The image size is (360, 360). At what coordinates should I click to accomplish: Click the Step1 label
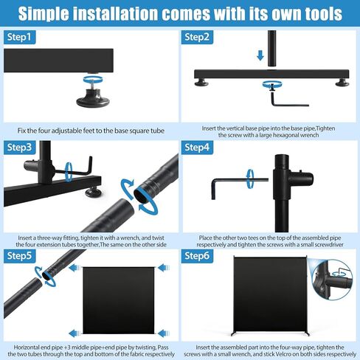click(x=19, y=37)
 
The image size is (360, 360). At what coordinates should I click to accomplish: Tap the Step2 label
click(x=197, y=37)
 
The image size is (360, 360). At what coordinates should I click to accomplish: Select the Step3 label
click(x=19, y=148)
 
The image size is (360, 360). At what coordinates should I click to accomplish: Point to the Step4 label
click(x=197, y=148)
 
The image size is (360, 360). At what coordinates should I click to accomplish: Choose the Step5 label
click(x=19, y=256)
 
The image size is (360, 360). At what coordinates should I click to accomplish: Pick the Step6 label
click(x=197, y=256)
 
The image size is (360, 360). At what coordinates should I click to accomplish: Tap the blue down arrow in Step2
click(x=260, y=55)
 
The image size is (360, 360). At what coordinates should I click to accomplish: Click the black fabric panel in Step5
click(x=118, y=300)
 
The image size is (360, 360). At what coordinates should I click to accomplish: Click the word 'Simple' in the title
click(x=44, y=14)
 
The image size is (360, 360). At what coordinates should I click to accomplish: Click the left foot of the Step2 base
click(x=201, y=83)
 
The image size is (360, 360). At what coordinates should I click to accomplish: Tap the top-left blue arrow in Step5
click(x=75, y=268)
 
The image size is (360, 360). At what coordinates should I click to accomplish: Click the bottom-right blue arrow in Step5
click(x=164, y=333)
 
